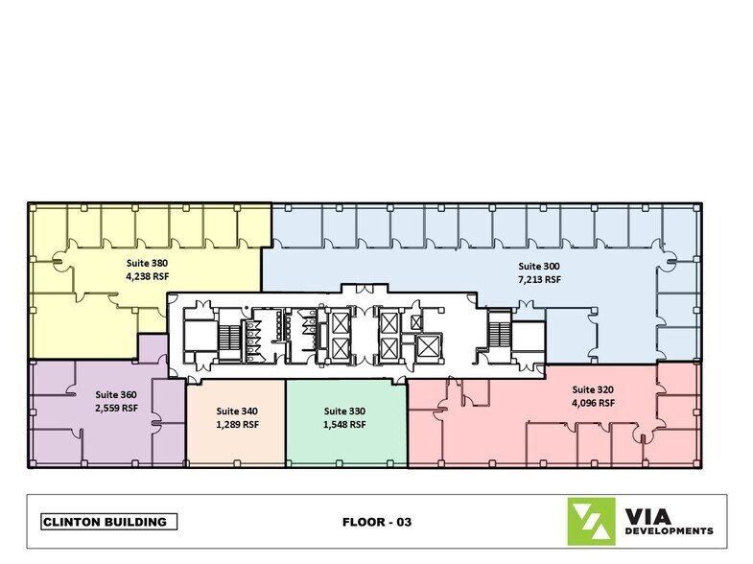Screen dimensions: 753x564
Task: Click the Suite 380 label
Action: click(x=147, y=263)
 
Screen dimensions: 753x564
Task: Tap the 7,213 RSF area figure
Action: click(x=539, y=279)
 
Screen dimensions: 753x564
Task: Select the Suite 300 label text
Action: click(x=539, y=267)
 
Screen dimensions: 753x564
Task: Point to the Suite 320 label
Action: click(x=593, y=389)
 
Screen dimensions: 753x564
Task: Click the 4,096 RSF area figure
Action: click(x=593, y=403)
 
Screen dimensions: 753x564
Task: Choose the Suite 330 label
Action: click(x=344, y=411)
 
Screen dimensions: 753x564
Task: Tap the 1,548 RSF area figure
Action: click(x=344, y=425)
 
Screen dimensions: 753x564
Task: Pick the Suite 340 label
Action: click(x=237, y=411)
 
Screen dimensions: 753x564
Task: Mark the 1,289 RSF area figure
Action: click(x=237, y=425)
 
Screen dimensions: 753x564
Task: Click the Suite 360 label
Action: click(x=116, y=394)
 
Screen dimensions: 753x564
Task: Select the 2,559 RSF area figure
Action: click(x=116, y=408)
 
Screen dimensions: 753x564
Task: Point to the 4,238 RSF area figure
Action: click(x=147, y=276)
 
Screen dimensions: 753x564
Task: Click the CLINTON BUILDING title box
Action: click(x=109, y=522)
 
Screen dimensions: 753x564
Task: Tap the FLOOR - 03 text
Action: click(x=377, y=522)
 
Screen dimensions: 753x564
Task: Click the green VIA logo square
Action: click(x=591, y=521)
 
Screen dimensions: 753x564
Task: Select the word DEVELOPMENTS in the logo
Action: click(x=669, y=530)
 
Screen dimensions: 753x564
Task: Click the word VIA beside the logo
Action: click(x=647, y=516)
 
